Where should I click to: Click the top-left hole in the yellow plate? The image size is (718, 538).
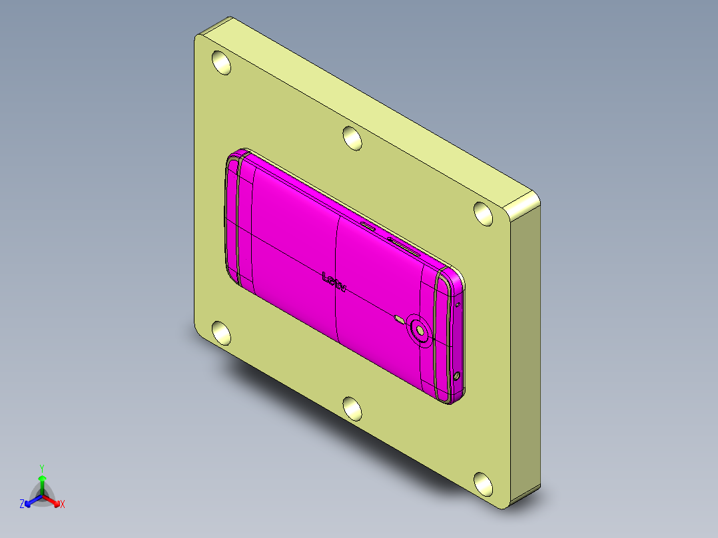[x=221, y=63]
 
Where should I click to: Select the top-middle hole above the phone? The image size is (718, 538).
[x=352, y=138]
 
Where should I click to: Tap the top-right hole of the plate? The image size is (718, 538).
[x=484, y=213]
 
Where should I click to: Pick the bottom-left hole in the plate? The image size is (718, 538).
[x=221, y=332]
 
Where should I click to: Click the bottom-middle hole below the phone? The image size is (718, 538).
[x=352, y=407]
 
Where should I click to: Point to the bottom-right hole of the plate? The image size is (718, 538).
[x=484, y=482]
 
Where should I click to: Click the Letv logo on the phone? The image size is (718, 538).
[x=334, y=282]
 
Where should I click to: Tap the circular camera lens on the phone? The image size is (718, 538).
[x=420, y=329]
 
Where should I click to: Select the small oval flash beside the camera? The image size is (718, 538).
[x=399, y=319]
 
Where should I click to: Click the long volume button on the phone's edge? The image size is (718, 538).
[x=404, y=246]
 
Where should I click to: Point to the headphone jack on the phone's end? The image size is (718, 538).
[x=457, y=376]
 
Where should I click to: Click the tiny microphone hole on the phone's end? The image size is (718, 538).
[x=458, y=306]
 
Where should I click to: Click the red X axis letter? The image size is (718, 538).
[x=63, y=505]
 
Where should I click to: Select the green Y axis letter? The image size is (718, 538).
[x=41, y=468]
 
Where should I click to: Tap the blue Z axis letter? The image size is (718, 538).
[x=22, y=505]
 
